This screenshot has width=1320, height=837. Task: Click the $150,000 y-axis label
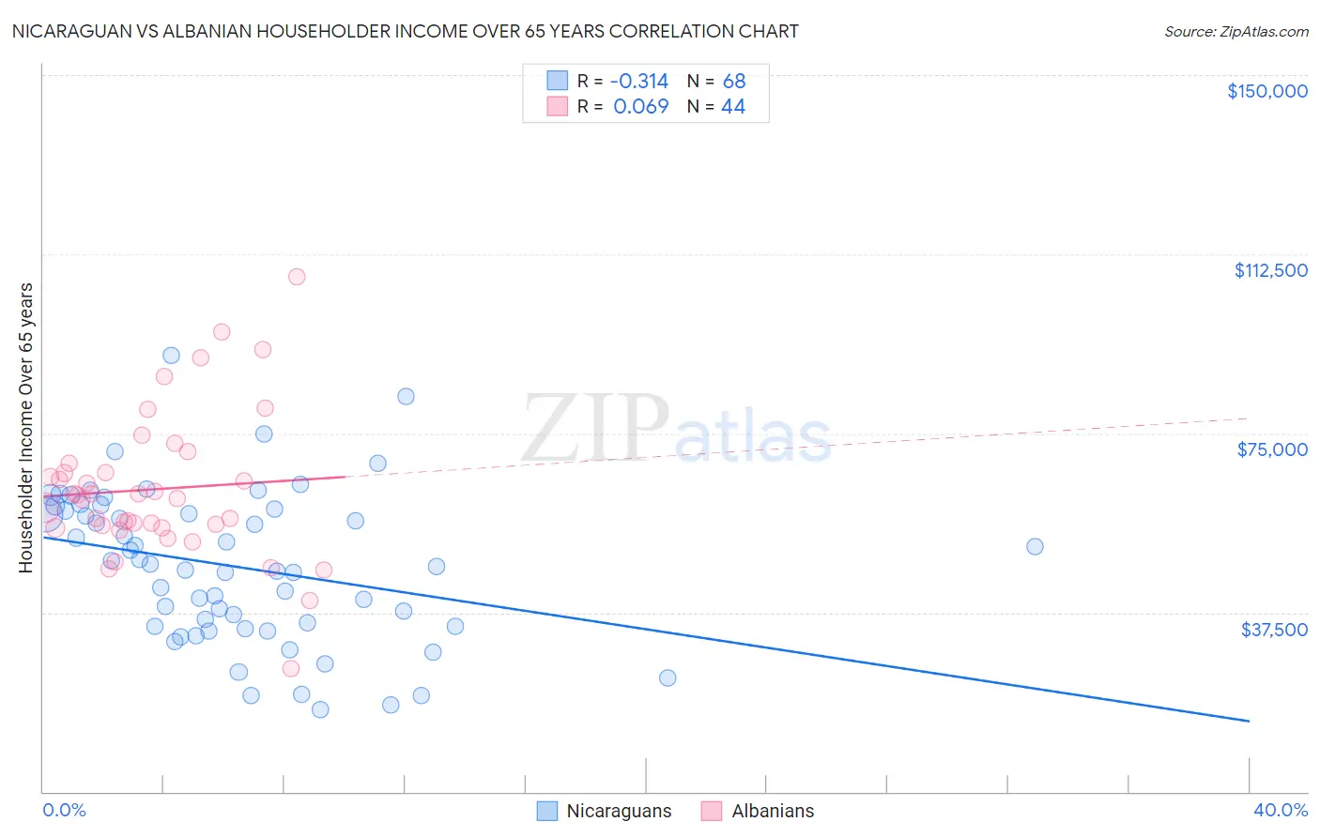pos(1266,91)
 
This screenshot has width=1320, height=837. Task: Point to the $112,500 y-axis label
pos(1270,270)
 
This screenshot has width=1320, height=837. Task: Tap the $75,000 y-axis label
pos(1272,449)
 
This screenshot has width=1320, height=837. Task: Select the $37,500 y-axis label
pos(1274,630)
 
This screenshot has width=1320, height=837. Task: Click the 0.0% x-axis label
pos(64,810)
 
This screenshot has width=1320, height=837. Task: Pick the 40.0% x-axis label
pos(1280,810)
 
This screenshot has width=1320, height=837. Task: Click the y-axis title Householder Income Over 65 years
pos(26,427)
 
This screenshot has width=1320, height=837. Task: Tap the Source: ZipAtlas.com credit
pos(1236,31)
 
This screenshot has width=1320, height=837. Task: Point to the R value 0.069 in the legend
pos(640,106)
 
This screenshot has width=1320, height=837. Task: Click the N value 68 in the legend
pos(734,81)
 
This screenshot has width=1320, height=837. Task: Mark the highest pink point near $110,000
pos(297,277)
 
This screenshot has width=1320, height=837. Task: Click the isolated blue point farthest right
pos(1035,546)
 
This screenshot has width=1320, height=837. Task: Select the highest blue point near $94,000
pos(171,356)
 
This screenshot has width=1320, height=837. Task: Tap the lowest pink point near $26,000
pos(291,668)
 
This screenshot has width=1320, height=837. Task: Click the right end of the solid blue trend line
pos(1249,721)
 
